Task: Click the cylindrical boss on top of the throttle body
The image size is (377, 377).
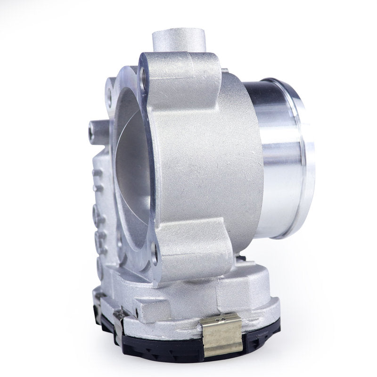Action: (179, 41)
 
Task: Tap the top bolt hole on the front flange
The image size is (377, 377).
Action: (143, 73)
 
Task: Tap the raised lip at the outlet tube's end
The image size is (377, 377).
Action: (302, 156)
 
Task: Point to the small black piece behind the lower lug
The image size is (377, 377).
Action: (241, 258)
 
